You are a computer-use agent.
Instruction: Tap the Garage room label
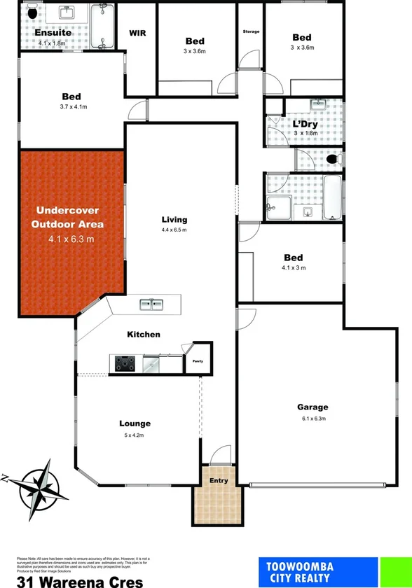click(313, 407)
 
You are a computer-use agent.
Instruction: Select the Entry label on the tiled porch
click(219, 480)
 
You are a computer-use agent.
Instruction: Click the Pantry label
click(198, 361)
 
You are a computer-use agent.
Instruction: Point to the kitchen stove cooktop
click(125, 363)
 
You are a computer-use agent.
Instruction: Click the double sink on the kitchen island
click(151, 304)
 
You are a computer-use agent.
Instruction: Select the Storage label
click(251, 32)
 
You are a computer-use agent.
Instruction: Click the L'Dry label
click(305, 124)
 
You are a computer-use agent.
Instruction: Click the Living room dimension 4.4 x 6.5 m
click(174, 230)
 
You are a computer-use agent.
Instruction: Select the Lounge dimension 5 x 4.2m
click(135, 435)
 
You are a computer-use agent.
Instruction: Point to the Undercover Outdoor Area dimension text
click(71, 239)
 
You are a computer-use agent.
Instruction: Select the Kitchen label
click(144, 335)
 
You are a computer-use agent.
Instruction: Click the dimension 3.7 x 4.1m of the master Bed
click(71, 107)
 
